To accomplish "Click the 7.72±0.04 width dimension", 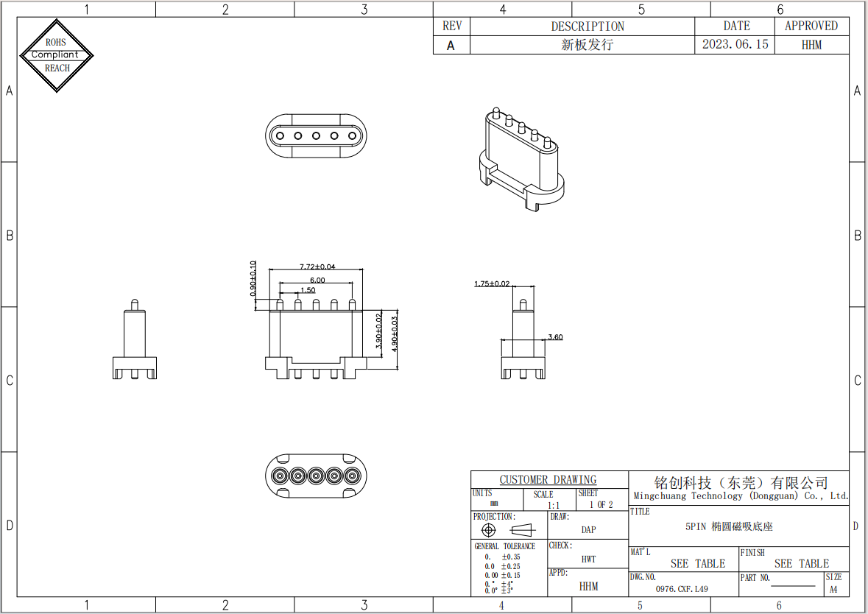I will pos(317,267).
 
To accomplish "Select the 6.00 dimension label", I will pos(317,280).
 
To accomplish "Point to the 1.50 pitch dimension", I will pos(307,290).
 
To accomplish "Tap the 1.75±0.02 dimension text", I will pos(492,283).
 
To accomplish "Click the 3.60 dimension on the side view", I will pos(555,337).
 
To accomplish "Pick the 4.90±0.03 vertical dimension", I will pos(395,334).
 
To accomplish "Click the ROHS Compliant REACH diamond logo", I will pos(57,55).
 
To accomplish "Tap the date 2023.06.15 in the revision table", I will pos(735,44).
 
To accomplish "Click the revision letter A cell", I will pos(451,45).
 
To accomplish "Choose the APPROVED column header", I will pos(811,26).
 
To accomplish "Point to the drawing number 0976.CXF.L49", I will pos(682,589).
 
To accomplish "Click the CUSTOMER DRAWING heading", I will pos(548,480).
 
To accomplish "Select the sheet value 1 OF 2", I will pos(601,505).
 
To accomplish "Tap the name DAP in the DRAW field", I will pos(588,530).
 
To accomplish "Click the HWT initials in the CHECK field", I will pos(588,560).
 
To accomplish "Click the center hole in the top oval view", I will pos(316,135).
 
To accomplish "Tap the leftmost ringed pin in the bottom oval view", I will pos(280,476).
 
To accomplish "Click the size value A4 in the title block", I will pos(833,590).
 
